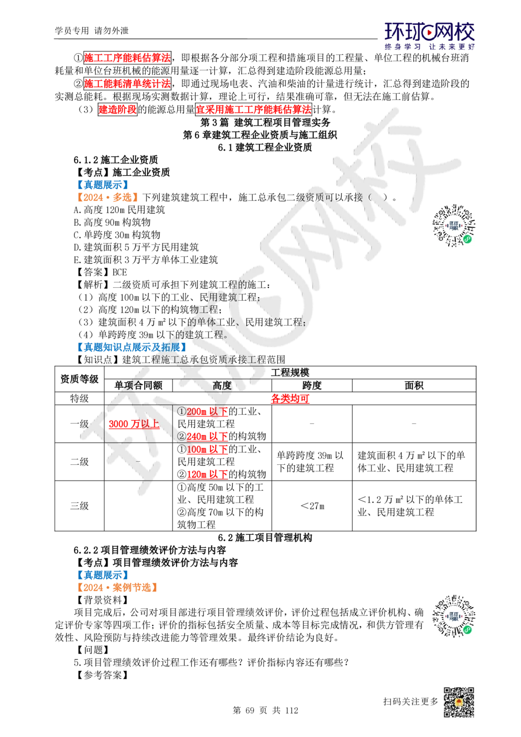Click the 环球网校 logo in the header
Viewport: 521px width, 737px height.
click(x=429, y=35)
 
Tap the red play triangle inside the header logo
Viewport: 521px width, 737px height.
click(x=429, y=33)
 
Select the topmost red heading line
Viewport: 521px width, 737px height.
click(x=127, y=57)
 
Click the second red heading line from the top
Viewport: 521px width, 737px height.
click(x=127, y=83)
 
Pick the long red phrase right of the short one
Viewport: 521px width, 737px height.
click(x=253, y=109)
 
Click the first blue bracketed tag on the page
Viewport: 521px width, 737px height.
click(x=103, y=185)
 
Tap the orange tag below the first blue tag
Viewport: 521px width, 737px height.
click(x=107, y=198)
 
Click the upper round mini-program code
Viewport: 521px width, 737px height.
click(x=454, y=225)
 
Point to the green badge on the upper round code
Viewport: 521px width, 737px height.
click(x=467, y=239)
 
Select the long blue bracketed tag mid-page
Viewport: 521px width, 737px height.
click(x=131, y=347)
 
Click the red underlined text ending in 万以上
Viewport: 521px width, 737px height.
click(x=133, y=424)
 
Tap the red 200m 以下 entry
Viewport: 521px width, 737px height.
click(x=207, y=412)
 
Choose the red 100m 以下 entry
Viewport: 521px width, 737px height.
click(x=207, y=449)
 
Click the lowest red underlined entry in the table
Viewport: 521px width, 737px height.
click(x=207, y=474)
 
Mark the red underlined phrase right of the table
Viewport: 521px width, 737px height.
click(x=290, y=399)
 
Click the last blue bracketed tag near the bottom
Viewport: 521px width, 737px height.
click(x=103, y=574)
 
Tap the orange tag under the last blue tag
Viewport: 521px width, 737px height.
click(x=117, y=587)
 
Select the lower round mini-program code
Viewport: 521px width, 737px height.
click(x=454, y=617)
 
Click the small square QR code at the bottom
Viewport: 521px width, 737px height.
click(x=458, y=702)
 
